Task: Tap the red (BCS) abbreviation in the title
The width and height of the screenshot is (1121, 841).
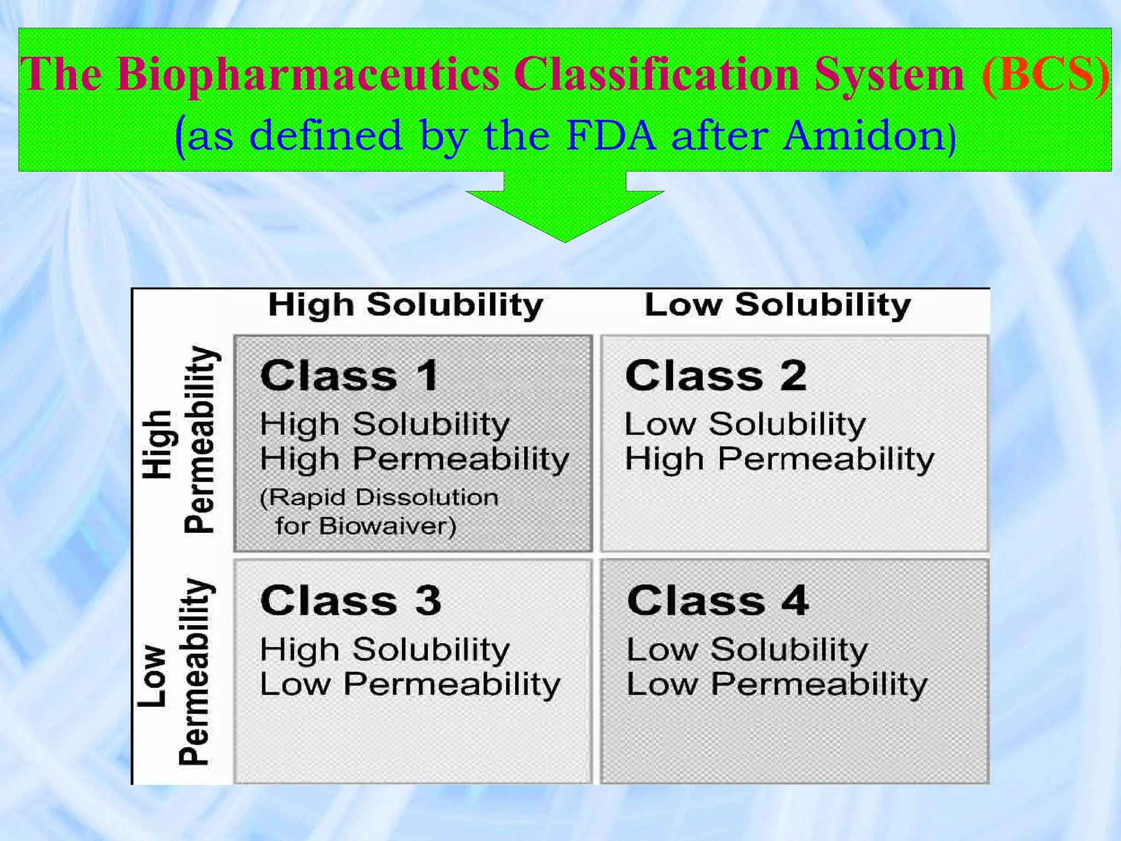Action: click(x=1045, y=75)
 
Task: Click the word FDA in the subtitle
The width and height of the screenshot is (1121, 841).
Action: click(x=610, y=135)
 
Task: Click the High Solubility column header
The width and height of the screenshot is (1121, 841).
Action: click(x=406, y=305)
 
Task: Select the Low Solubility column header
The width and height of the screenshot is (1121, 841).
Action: click(x=778, y=305)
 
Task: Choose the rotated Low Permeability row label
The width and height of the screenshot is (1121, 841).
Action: click(x=175, y=672)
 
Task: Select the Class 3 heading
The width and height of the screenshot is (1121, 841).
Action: click(x=350, y=601)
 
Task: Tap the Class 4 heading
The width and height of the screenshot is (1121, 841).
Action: click(x=718, y=601)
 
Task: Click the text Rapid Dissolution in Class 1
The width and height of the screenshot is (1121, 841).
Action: click(x=379, y=498)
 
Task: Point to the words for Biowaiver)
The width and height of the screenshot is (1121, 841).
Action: click(x=366, y=526)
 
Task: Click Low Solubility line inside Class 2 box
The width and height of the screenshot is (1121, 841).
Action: click(x=745, y=424)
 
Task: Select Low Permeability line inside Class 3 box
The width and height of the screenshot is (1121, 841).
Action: click(x=410, y=684)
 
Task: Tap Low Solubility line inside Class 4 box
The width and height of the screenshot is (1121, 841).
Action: click(x=747, y=650)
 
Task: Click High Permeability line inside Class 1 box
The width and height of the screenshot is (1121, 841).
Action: click(x=414, y=459)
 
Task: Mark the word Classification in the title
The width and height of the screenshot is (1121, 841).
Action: click(x=656, y=75)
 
